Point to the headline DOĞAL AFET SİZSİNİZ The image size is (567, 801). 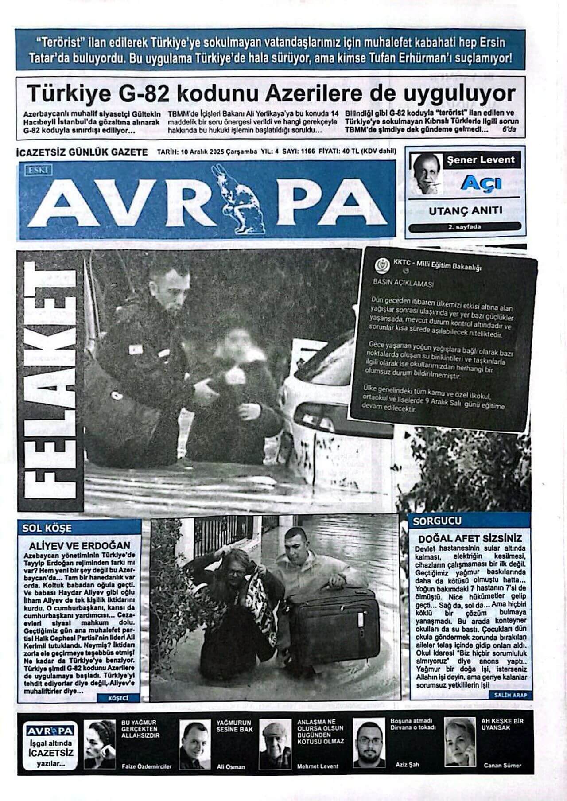470,539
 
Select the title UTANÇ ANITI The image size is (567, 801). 465,211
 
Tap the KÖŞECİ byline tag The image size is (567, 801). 118,698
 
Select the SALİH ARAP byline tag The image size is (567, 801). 510,696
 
